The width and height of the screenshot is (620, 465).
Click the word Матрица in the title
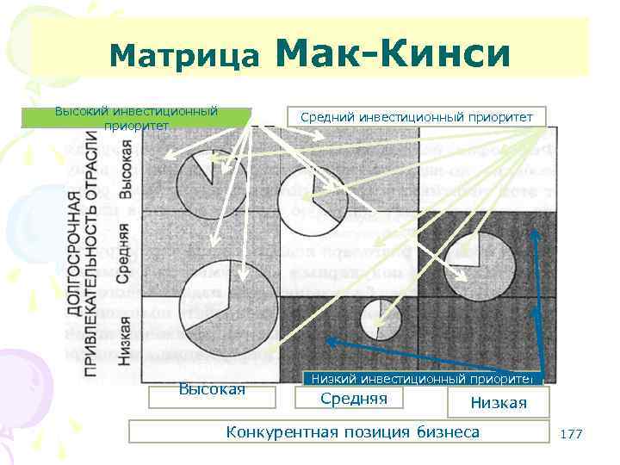[183, 57]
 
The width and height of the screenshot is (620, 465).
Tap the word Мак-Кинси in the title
[394, 53]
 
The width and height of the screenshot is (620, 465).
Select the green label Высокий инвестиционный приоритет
[136, 118]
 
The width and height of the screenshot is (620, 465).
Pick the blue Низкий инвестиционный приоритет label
[422, 378]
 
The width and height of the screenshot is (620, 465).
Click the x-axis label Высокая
[212, 390]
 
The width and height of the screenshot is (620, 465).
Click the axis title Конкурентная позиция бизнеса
[352, 431]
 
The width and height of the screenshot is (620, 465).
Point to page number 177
[571, 434]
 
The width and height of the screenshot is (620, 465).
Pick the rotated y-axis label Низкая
[125, 341]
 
